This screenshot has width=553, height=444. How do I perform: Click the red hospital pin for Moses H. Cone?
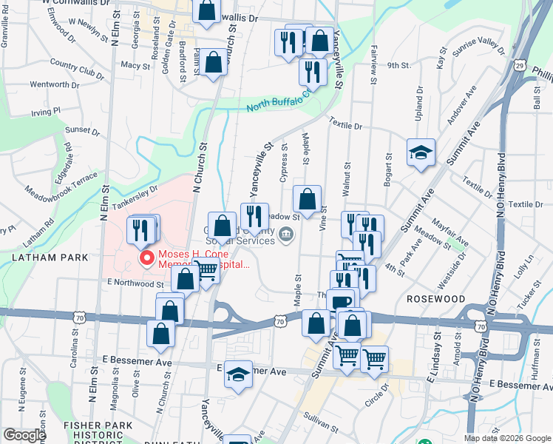tap(146, 258)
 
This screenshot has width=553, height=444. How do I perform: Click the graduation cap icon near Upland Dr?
tap(421, 152)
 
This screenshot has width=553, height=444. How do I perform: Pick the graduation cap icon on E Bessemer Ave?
tap(239, 375)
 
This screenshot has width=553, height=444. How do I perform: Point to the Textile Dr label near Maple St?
tap(346, 126)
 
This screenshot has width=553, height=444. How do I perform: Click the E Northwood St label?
tap(135, 283)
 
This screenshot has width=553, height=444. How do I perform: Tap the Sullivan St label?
tap(319, 424)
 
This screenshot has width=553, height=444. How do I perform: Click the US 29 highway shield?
tap(521, 67)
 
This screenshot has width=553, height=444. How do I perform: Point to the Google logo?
tap(24, 435)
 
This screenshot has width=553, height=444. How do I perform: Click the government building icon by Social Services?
tap(288, 236)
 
